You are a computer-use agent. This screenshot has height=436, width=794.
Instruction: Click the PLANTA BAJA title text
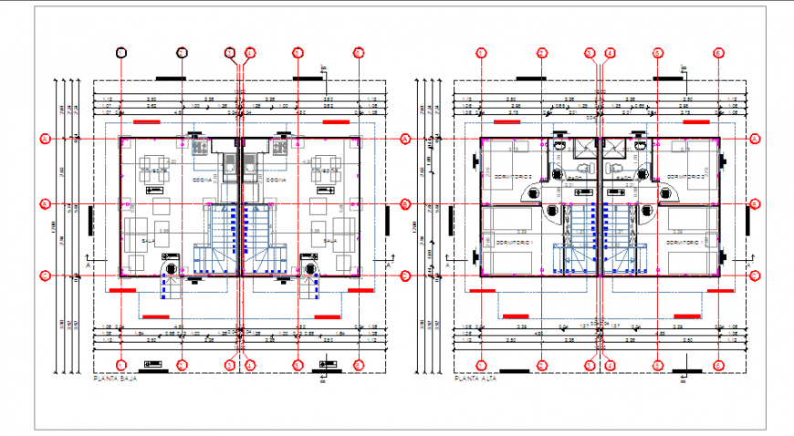coord(115,377)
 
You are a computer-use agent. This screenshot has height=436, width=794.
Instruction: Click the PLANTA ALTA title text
coord(475,377)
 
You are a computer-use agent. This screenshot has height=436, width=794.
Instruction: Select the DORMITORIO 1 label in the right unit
coord(686,244)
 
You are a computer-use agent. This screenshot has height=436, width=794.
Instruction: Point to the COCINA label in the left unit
coord(204,181)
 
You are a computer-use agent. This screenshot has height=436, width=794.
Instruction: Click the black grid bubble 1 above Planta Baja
coord(121,53)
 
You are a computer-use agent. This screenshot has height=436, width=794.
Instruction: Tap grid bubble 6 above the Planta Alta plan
coord(719,53)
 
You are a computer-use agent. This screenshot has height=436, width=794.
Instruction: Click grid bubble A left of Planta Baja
coord(44,139)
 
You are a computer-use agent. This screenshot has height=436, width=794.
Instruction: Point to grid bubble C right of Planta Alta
coord(756,274)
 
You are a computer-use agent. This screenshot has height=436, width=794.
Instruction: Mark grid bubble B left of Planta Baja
coord(44,203)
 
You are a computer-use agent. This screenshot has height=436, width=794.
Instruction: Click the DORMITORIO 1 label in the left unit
coord(517,244)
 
